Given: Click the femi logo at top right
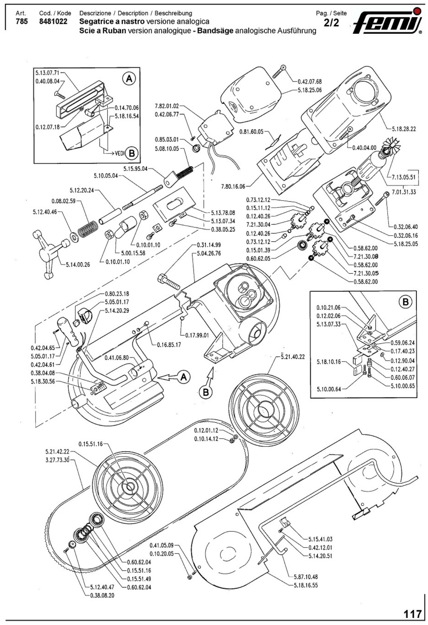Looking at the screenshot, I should [388, 21].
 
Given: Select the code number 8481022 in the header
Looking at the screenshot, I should [53, 21].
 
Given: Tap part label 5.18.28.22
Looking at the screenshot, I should [403, 129].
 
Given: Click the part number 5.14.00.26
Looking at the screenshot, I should [78, 265].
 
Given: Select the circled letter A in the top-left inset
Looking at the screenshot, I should [129, 79].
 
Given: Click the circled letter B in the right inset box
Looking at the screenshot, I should [406, 302].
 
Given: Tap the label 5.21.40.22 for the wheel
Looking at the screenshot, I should [293, 357].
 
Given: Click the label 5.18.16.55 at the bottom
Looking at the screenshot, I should [306, 585].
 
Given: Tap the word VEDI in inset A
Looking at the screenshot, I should [120, 153].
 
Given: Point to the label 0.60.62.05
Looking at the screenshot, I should [258, 258].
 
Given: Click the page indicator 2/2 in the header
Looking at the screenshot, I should [331, 23].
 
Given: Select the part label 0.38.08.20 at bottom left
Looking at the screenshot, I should [102, 595].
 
